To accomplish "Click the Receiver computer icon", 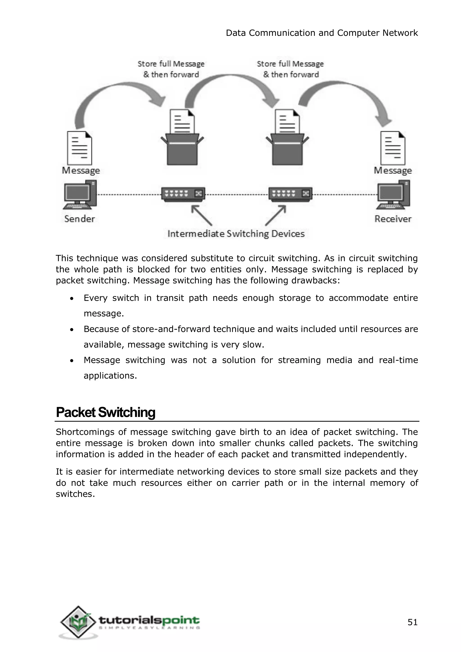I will tap(393, 195).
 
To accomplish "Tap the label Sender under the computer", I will tap(79, 219).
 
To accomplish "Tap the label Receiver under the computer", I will tap(393, 219).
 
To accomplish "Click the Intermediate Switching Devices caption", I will tap(236, 234).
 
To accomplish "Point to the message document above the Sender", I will tap(79, 148).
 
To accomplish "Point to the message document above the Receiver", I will tap(393, 148).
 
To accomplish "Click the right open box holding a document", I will tap(287, 149).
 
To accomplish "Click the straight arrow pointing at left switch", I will tap(201, 215).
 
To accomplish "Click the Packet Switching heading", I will tap(106, 412).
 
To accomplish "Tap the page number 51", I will tap(412, 623).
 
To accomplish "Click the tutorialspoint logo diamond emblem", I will tap(78, 622).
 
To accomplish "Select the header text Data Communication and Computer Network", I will tap(322, 33).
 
